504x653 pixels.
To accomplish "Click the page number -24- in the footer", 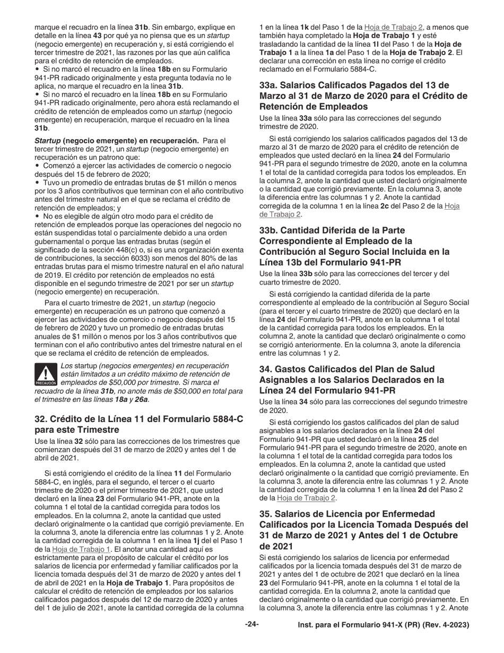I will click(251, 625).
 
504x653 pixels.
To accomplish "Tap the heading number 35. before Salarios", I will click(266, 514).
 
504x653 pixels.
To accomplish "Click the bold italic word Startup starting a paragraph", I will click(47, 141).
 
